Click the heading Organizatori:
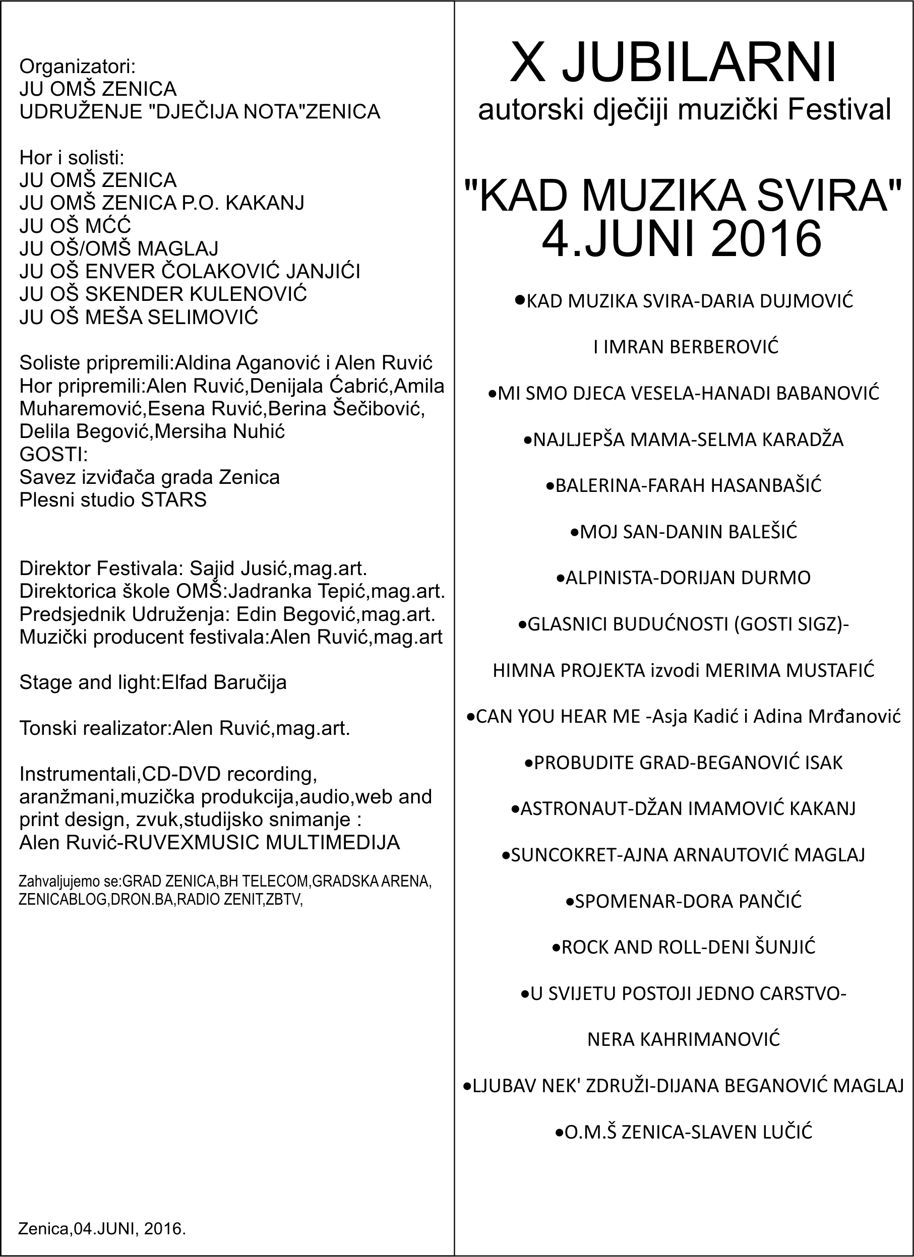pos(78,67)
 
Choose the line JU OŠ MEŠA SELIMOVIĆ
pos(139,317)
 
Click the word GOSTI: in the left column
pos(54,455)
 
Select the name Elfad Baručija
pos(224,682)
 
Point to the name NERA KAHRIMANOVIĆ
pos(684,1039)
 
